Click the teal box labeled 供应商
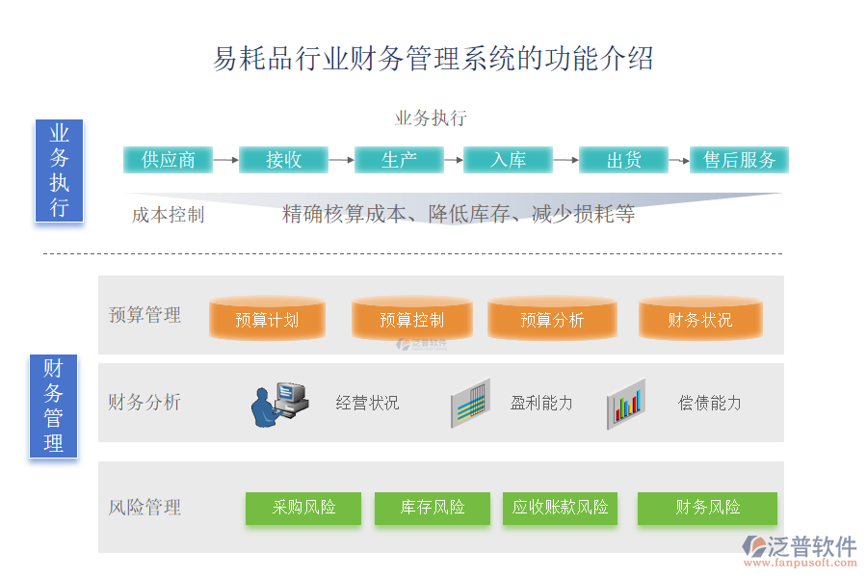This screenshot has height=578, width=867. [x=168, y=160]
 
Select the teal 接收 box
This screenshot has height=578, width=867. [x=283, y=160]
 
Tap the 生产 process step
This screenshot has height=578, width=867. [x=399, y=160]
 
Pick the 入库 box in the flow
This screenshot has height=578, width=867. [x=508, y=160]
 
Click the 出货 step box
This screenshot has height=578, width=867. [x=623, y=160]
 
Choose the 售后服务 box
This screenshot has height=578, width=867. [x=739, y=160]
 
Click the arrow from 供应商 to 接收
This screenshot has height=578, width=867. [x=225, y=160]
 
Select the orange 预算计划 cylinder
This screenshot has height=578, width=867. [x=267, y=319]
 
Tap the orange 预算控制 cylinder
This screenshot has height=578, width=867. [x=411, y=319]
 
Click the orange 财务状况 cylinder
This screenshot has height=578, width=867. [x=700, y=319]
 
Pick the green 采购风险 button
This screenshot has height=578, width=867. [x=303, y=508]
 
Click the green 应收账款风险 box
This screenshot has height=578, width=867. [x=560, y=508]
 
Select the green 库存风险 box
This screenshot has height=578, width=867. [x=433, y=508]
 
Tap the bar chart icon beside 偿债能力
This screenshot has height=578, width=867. [x=626, y=404]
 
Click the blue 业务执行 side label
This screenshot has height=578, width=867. [x=59, y=171]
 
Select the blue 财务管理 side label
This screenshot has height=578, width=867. [x=53, y=406]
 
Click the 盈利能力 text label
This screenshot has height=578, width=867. [x=541, y=403]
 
